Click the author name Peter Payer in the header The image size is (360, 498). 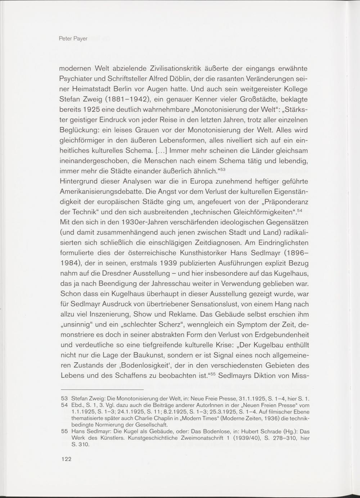(x=73, y=39)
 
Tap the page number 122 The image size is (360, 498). (x=66, y=459)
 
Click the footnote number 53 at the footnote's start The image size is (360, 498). (x=65, y=398)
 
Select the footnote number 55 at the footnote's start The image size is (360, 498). (x=65, y=431)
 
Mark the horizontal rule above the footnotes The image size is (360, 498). (x=102, y=389)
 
